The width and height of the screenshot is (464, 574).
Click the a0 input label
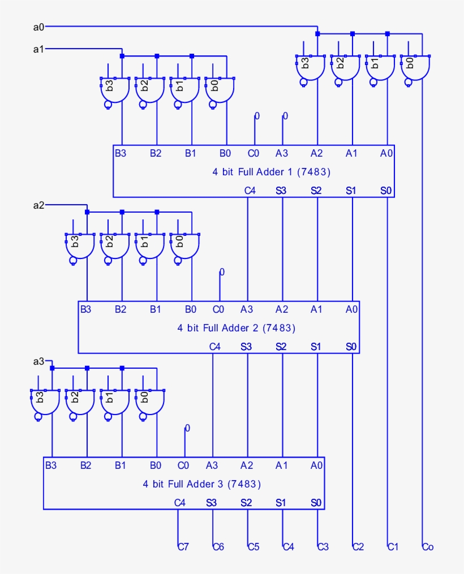click(x=38, y=26)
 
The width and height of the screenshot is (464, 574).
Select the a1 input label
click(x=38, y=49)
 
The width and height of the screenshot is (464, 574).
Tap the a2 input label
click(x=38, y=205)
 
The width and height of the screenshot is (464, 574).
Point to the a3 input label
click(x=38, y=361)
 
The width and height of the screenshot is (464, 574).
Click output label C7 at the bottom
click(x=183, y=547)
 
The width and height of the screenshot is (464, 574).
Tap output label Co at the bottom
click(x=428, y=547)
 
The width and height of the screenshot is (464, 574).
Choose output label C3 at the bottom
click(x=323, y=547)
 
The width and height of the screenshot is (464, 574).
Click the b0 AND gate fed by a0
click(x=414, y=67)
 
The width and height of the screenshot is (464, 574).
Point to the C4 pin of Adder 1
click(x=250, y=191)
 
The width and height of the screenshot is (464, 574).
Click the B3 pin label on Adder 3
click(x=51, y=465)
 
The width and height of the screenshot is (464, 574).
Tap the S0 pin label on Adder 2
click(x=351, y=346)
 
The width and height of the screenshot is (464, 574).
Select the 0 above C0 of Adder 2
click(x=222, y=272)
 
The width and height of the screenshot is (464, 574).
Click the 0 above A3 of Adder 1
click(x=285, y=116)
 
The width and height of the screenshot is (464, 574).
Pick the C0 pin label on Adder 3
click(x=183, y=465)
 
